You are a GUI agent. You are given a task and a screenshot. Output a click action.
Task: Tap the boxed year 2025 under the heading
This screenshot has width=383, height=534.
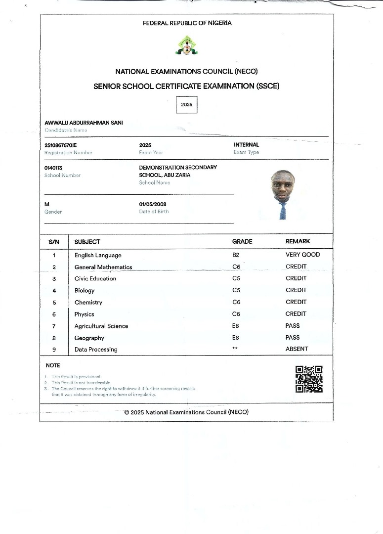pyautogui.click(x=187, y=105)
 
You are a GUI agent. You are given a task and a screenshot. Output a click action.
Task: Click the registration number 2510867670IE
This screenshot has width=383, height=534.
pyautogui.click(x=61, y=145)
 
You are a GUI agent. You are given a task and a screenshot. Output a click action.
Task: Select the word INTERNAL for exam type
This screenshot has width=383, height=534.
pyautogui.click(x=246, y=145)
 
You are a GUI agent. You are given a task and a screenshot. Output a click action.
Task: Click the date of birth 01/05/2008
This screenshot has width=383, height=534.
pyautogui.click(x=153, y=204)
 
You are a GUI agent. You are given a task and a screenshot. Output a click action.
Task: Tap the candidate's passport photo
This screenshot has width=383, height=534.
pyautogui.click(x=282, y=195)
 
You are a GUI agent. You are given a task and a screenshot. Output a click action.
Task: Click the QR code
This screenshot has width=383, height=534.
pyautogui.click(x=309, y=379)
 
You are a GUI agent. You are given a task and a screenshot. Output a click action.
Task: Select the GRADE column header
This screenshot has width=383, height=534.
pyautogui.click(x=242, y=242)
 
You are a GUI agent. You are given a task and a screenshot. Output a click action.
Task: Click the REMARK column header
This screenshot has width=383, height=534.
pyautogui.click(x=298, y=241)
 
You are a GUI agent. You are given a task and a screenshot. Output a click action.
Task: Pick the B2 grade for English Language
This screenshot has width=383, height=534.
pyautogui.click(x=236, y=255)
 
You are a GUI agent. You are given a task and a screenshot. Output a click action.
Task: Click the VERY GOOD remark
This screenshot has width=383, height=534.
pyautogui.click(x=302, y=255)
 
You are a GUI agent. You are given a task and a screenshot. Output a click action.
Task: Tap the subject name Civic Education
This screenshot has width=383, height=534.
pyautogui.click(x=95, y=279)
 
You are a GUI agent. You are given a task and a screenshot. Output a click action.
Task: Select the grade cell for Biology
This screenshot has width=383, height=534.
pyautogui.click(x=236, y=290)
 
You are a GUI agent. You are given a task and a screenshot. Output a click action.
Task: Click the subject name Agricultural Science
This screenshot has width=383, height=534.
pyautogui.click(x=101, y=326)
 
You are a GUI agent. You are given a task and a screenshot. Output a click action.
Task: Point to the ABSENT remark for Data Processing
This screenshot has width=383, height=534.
pyautogui.click(x=297, y=349)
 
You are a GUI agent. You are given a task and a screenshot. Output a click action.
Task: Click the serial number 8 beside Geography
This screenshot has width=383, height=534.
pyautogui.click(x=54, y=338)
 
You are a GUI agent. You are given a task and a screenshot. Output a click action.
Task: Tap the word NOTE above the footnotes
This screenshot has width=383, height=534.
pyautogui.click(x=53, y=365)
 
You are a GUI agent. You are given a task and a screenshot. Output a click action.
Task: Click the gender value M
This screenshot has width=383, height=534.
pyautogui.click(x=47, y=204)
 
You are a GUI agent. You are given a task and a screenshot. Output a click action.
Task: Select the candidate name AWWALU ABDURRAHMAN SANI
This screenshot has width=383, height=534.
pyautogui.click(x=84, y=123)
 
